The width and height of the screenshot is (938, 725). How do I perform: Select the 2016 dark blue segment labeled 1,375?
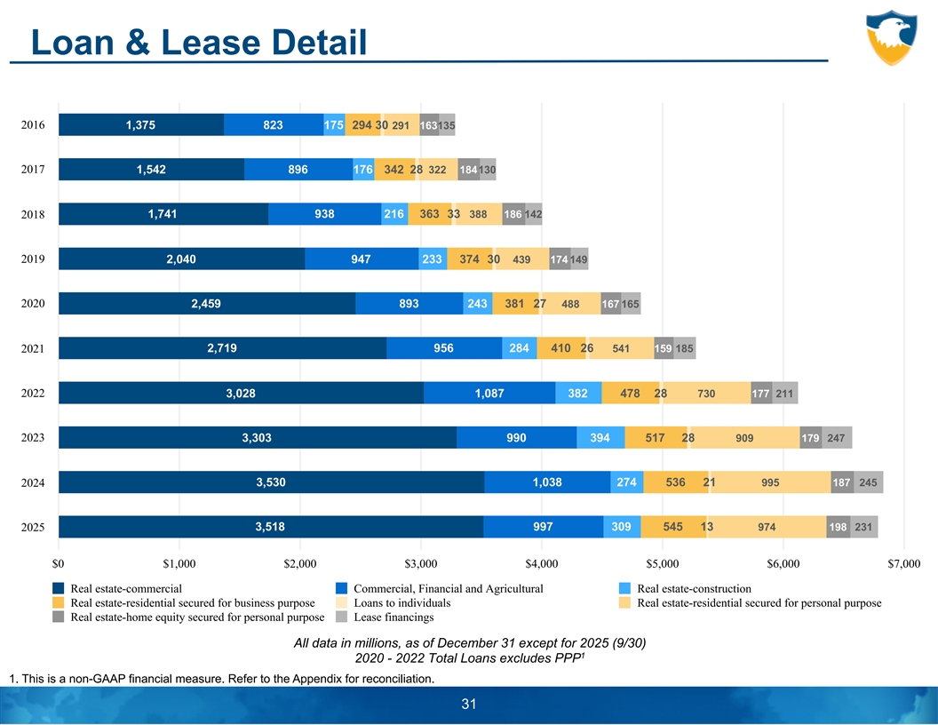(141, 125)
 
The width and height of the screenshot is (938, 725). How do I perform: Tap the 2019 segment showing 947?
(362, 259)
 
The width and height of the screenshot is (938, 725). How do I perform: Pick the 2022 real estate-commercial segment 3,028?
(241, 393)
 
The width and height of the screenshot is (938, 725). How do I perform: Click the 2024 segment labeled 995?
(770, 482)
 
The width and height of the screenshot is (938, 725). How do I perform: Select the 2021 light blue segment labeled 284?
(520, 348)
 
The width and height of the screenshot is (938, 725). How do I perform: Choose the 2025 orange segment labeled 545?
(672, 527)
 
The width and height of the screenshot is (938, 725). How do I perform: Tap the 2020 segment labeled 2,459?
(206, 304)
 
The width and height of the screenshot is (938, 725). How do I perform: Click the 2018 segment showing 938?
(324, 214)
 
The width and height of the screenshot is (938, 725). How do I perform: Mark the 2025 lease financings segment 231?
(863, 527)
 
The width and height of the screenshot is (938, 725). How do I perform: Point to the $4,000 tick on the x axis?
(542, 563)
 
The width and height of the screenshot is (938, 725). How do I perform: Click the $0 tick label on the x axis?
(59, 563)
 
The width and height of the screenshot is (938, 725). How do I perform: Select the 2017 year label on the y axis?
(32, 170)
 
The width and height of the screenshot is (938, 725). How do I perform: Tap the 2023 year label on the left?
(32, 438)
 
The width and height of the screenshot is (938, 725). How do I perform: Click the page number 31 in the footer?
(469, 705)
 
